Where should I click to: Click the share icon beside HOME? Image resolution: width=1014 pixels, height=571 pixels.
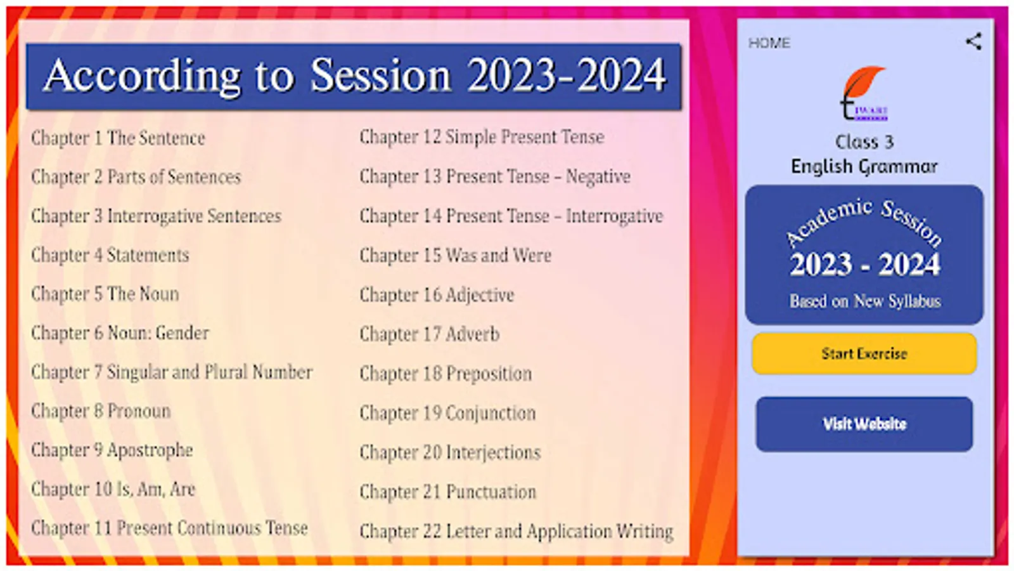click(x=973, y=42)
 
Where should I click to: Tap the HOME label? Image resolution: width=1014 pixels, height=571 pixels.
click(x=769, y=43)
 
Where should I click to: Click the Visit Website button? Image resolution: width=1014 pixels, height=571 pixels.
click(x=864, y=424)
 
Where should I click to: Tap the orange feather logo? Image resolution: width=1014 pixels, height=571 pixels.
click(x=864, y=93)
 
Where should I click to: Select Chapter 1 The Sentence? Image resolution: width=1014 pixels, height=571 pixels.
click(x=118, y=138)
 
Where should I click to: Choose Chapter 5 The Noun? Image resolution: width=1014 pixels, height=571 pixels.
click(x=105, y=294)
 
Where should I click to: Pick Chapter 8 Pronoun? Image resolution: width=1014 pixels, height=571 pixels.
click(x=101, y=411)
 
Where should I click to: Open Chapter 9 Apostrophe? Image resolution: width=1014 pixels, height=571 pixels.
click(x=112, y=450)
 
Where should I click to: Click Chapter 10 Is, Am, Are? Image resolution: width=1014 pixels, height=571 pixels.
click(x=113, y=489)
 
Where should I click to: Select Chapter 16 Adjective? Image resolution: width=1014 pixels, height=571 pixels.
click(x=437, y=296)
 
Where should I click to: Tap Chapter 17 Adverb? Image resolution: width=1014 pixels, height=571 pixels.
click(x=430, y=334)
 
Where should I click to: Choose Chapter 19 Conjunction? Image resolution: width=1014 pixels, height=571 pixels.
click(x=447, y=413)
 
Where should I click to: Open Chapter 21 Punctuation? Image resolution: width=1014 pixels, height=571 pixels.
click(x=448, y=492)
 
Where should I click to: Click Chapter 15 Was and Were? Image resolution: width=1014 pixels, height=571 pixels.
click(x=456, y=256)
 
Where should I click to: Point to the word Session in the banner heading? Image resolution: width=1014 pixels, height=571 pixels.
click(x=380, y=75)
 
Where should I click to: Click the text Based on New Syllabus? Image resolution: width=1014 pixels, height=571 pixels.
click(x=865, y=301)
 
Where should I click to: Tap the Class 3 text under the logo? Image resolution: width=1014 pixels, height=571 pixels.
click(x=864, y=142)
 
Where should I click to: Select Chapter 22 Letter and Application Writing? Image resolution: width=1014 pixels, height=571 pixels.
click(x=517, y=532)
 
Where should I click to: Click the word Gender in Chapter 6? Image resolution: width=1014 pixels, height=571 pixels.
click(x=183, y=334)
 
